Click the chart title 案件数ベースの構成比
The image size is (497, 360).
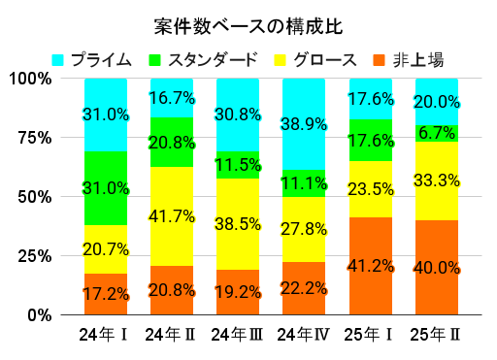[248, 22]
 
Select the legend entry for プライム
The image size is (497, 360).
[92, 59]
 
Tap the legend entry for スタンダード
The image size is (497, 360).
[204, 59]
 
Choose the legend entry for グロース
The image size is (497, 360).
[321, 59]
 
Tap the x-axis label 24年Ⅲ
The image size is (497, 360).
[238, 335]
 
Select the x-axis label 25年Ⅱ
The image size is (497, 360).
[436, 335]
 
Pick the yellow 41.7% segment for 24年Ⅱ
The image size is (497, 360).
[172, 216]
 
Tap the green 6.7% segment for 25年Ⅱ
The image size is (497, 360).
[436, 133]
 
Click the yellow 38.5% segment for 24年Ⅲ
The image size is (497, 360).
[238, 224]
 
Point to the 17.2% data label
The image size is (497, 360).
[106, 292]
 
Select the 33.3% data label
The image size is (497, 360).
[436, 180]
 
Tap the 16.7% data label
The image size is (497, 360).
[172, 98]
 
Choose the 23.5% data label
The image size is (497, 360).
[370, 189]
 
